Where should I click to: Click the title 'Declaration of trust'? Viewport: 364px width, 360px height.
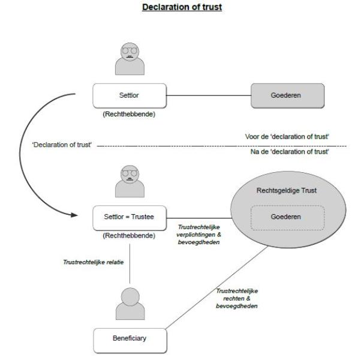click(182, 7)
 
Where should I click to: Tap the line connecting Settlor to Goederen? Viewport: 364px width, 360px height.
click(203, 95)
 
